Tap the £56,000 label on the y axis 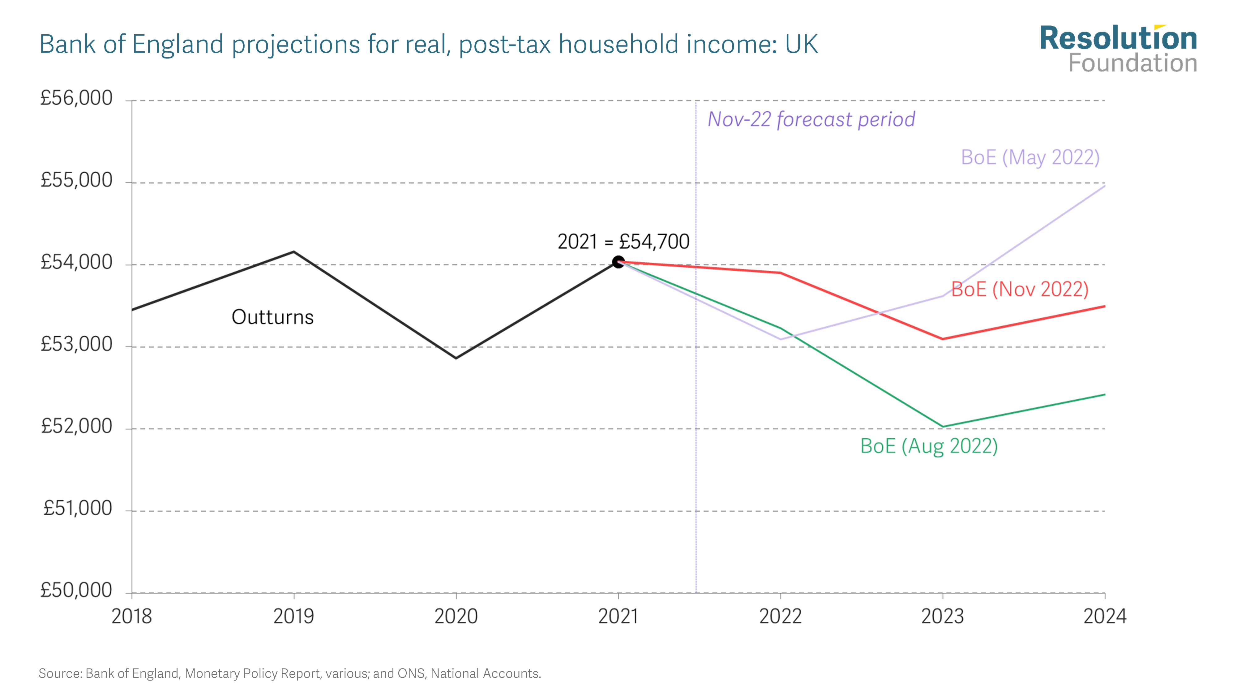point(76,98)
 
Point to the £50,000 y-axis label point(76,590)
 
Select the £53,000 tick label point(76,344)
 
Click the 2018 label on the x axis point(131,616)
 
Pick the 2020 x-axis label point(456,616)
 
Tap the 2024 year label point(1104,616)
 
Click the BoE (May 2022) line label point(1030,157)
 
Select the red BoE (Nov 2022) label point(1020,289)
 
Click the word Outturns point(272,317)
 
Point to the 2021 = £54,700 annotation point(623,242)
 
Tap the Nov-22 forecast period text point(811,119)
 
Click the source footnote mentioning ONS point(289,673)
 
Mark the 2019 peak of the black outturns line point(294,252)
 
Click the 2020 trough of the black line point(456,358)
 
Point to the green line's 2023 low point point(943,427)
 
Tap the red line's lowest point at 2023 point(943,339)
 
